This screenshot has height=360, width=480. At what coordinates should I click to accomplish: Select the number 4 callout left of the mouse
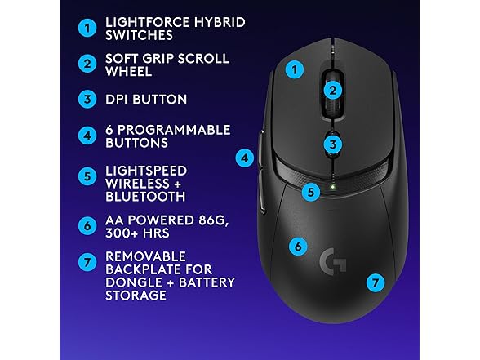coord(243,158)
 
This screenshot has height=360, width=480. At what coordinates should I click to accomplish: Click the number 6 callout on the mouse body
coord(298,245)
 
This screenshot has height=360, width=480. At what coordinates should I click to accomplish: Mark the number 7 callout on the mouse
coord(375,283)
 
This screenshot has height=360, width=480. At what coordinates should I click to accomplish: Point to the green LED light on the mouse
coord(332,193)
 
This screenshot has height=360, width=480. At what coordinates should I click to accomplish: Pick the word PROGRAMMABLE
coord(169,129)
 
